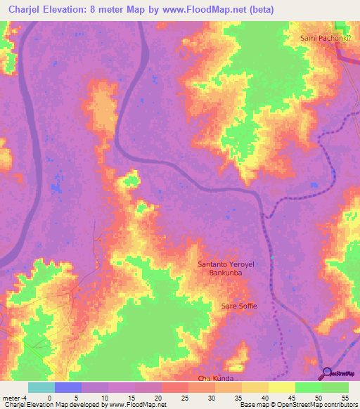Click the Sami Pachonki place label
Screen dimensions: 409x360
pos(325,38)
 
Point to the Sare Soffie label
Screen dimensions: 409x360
pos(239,306)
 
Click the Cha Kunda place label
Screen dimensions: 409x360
pos(215,379)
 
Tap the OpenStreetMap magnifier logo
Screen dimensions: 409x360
pos(328,373)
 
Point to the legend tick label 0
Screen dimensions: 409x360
pos(49,397)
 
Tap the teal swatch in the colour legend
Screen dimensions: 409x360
pos(41,387)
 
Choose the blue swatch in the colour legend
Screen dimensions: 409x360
pos(68,387)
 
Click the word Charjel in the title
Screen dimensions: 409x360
pos(27,10)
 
